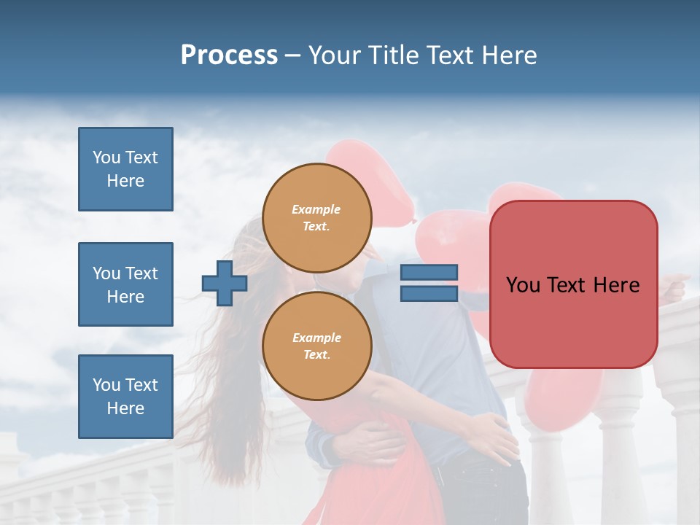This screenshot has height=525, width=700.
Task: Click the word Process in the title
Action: point(229,55)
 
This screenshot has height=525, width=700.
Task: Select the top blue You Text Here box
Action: point(125,169)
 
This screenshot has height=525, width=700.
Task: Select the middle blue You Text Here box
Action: point(125,284)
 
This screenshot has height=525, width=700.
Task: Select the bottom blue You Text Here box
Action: point(125,397)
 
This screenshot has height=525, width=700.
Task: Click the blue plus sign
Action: point(225,283)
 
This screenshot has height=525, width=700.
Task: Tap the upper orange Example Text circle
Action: point(316,217)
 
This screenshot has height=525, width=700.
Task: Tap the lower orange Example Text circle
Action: point(316,346)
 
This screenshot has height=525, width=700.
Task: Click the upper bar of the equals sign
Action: point(429,272)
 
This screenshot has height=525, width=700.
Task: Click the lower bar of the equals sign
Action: point(429,293)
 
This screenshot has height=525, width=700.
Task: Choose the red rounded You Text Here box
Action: point(573,284)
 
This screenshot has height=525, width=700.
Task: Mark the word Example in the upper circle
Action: point(316,209)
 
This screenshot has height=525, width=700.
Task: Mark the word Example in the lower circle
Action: point(316,338)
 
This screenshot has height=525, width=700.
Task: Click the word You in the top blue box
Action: point(106,157)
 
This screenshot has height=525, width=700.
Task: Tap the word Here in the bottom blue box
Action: point(125,408)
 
